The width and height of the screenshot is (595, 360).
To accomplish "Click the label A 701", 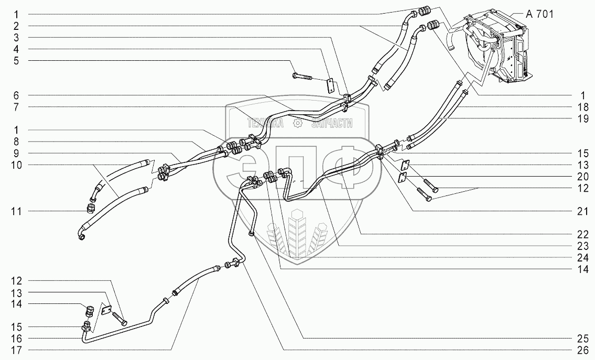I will point(539,15).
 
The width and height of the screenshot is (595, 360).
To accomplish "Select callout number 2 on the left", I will point(16,26).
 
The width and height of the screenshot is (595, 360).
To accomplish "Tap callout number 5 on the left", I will point(16,60).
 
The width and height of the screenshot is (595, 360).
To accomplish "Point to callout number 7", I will point(16,107).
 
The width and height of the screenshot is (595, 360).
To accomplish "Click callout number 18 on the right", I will point(581,107).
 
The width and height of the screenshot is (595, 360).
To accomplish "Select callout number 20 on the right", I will point(581,177).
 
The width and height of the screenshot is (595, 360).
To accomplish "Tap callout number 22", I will point(581,234).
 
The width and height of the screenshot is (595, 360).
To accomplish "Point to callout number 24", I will point(581,257).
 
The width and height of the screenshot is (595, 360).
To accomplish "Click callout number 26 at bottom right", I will point(581,350).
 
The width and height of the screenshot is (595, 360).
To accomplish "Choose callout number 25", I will point(581,338).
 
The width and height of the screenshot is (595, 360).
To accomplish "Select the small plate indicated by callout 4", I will point(330,85).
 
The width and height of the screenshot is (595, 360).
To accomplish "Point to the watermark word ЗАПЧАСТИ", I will point(332,123).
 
